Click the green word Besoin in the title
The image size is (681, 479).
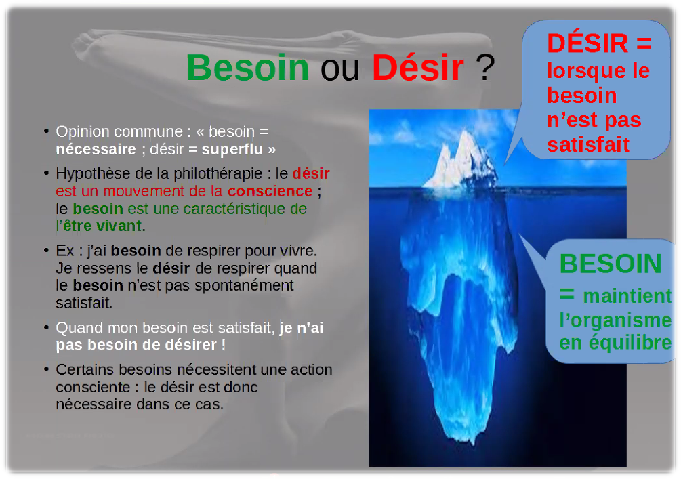(x=247, y=67)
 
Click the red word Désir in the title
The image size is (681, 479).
(x=417, y=67)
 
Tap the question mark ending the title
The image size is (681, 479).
(x=485, y=67)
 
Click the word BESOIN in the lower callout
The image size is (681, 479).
(x=611, y=264)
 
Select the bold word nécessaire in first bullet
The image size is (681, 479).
(x=96, y=149)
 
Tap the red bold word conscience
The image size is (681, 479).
(x=270, y=191)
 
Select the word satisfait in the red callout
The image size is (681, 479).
(x=588, y=144)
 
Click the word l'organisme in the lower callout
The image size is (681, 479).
(x=615, y=319)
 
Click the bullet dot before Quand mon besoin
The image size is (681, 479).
(x=46, y=328)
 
